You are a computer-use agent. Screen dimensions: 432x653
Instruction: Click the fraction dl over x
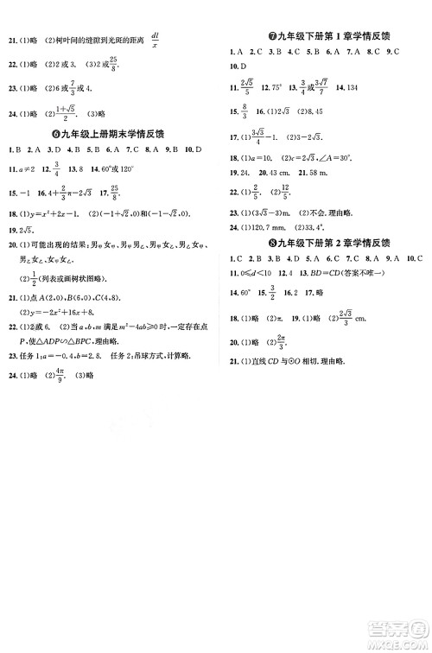155,40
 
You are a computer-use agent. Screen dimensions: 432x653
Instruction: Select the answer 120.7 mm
270,227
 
